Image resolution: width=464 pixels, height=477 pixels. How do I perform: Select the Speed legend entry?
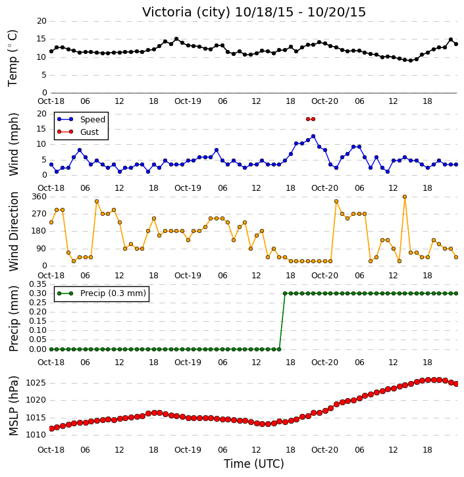pos(81,120)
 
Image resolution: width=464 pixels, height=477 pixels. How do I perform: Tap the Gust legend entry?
pos(78,132)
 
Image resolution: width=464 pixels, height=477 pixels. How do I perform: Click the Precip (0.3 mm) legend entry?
pos(101,293)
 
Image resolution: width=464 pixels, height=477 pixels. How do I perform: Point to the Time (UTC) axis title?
pos(254,464)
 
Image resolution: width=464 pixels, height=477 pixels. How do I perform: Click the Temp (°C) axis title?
pos(13,58)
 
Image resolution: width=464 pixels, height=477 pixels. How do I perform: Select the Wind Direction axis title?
pos(13,231)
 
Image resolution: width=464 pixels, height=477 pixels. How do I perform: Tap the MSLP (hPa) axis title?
pos(13,406)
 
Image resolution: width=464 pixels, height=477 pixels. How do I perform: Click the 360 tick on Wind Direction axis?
pos(39,197)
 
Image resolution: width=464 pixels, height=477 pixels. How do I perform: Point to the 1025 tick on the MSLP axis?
pos(36,383)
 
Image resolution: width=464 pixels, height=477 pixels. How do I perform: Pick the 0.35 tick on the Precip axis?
pos(38,284)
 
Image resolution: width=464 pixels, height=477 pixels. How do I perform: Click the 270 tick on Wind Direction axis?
pos(39,214)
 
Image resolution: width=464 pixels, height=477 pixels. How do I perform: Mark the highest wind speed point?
pos(313,136)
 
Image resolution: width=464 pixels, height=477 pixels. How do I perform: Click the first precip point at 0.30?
pos(285,293)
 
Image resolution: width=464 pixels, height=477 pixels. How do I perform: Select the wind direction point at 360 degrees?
pos(405,197)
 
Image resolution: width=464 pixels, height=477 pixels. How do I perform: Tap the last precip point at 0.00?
pos(279,349)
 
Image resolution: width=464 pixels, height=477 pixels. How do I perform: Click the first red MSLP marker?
pos(51,428)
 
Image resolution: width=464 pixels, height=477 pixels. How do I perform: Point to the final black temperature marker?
pos(456,44)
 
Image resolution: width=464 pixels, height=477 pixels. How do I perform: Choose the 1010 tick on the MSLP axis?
pos(36,435)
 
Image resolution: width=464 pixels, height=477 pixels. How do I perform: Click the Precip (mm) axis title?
pos(13,319)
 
